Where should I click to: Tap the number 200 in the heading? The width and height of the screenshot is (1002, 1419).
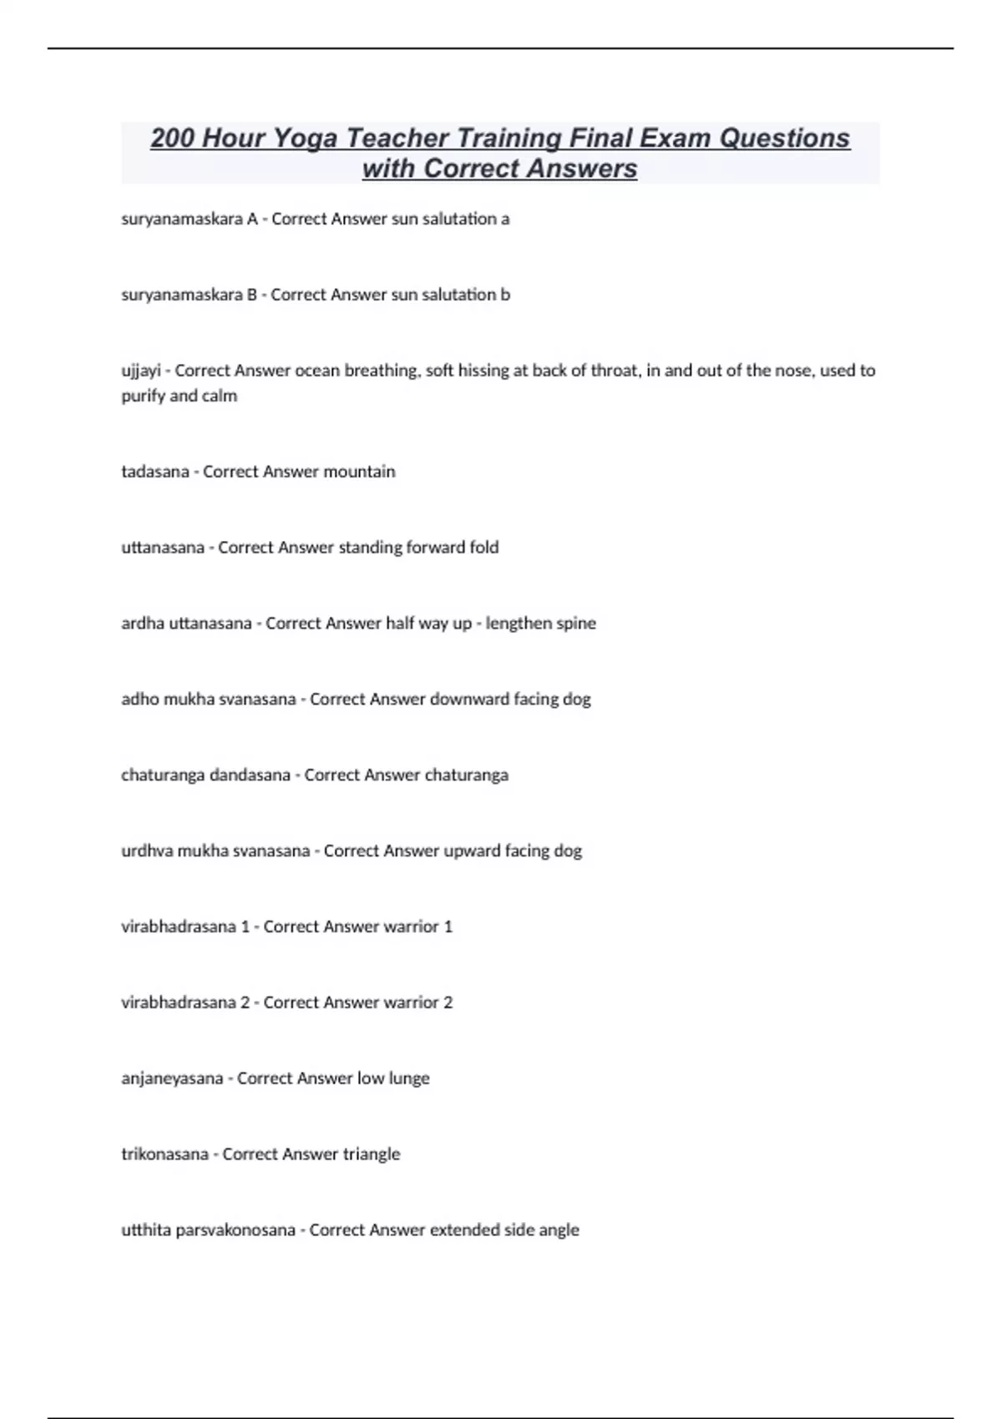coord(172,138)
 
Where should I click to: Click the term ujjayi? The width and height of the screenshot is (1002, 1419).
coord(140,371)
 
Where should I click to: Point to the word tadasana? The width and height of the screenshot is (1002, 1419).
coord(155,472)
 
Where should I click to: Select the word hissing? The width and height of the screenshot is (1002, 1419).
coord(484,371)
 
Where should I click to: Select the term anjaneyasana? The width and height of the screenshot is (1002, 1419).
coord(171,1078)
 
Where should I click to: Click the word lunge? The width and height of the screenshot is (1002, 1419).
coord(409,1078)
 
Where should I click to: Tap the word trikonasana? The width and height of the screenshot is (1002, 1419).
coord(164,1154)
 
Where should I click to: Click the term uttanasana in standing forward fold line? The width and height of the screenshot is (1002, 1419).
coord(163,548)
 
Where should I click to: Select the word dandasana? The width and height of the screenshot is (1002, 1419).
coord(250,775)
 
